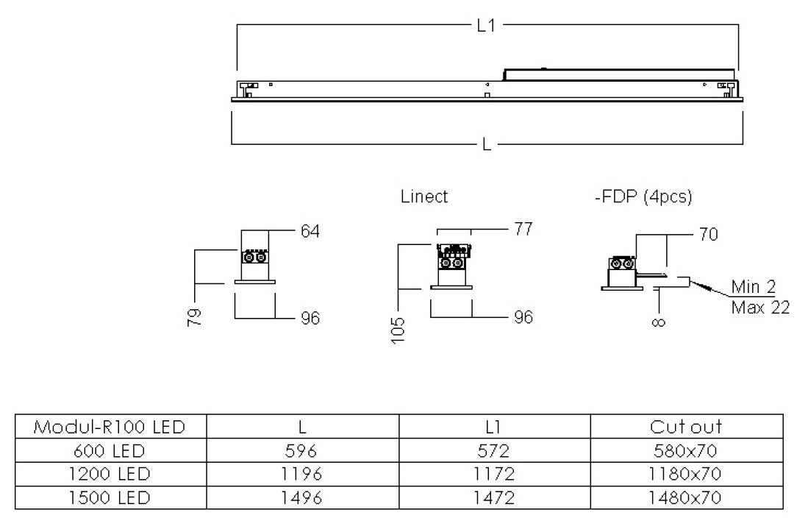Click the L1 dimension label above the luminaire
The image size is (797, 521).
tap(486, 26)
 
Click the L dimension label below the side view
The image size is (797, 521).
tap(487, 145)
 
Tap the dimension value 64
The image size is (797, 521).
tap(310, 232)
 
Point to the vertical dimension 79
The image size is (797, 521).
tap(194, 317)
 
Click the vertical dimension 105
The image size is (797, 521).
tap(398, 331)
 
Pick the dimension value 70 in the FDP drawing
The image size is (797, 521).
tap(709, 235)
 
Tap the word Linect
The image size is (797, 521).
tap(424, 197)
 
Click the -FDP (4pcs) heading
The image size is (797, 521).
tap(643, 197)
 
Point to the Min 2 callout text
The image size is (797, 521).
tap(753, 286)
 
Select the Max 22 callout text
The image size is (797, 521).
tap(760, 307)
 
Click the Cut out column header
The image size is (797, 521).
tap(686, 427)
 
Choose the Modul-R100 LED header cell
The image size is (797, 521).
tap(110, 427)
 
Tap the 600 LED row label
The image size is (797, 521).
tap(110, 450)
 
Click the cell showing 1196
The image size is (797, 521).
tap(302, 474)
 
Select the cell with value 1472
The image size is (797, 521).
tap(494, 498)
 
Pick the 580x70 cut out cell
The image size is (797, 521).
tap(686, 450)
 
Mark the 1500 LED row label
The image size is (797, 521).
tap(110, 498)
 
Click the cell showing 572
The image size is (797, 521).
tap(494, 450)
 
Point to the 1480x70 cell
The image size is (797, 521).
tap(686, 498)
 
